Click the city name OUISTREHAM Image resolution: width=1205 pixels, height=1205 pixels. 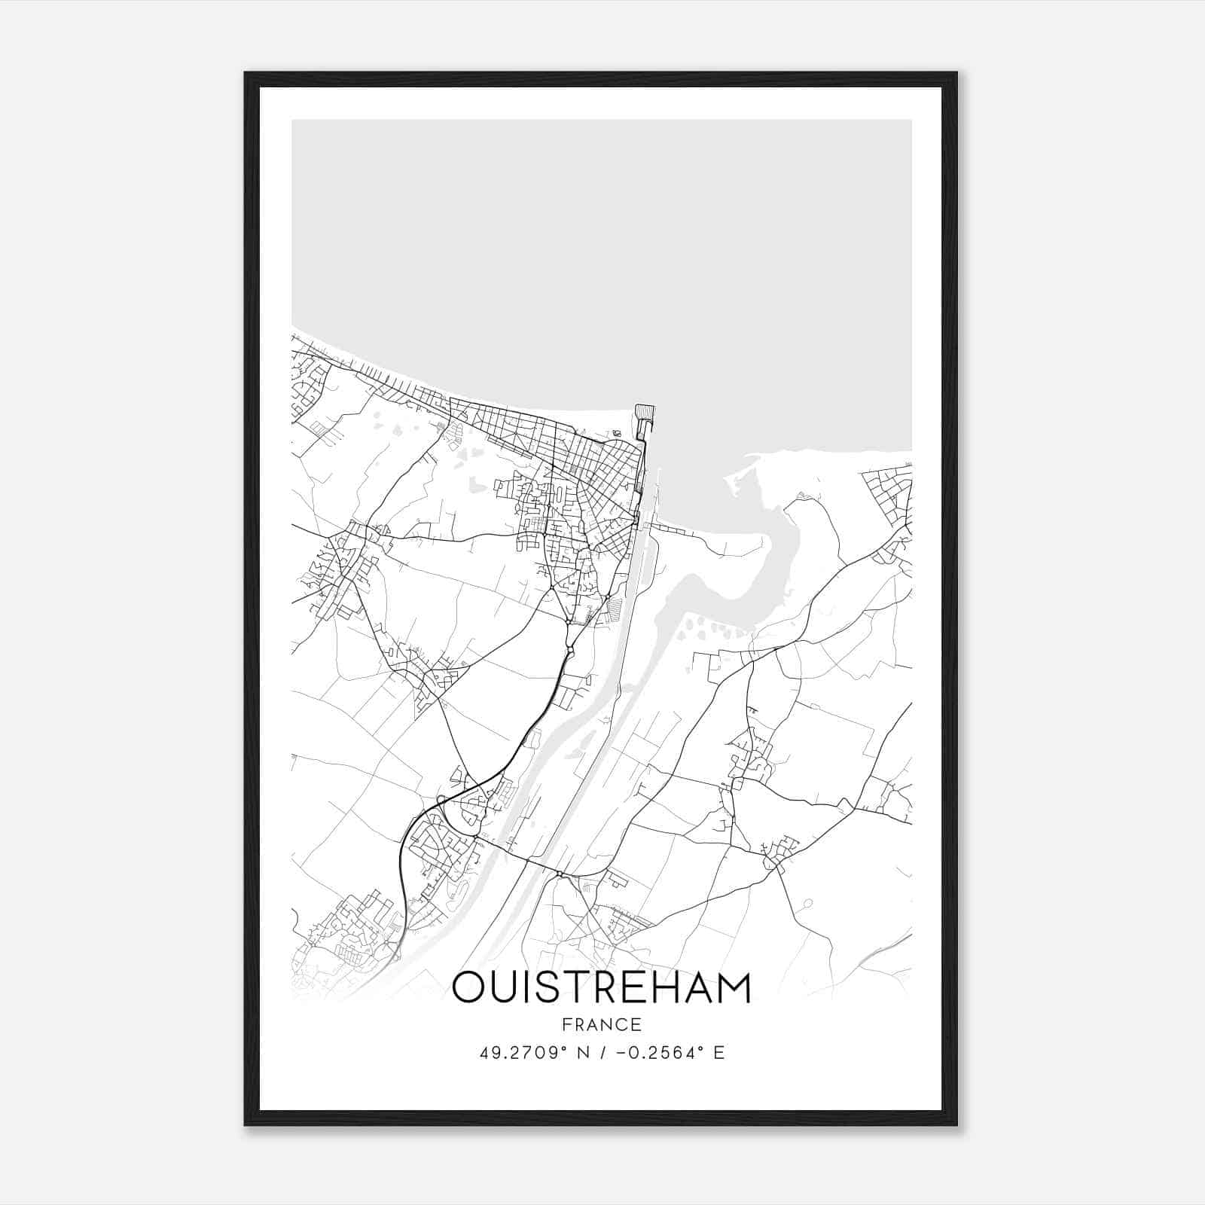602,987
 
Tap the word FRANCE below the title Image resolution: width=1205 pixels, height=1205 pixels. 602,1024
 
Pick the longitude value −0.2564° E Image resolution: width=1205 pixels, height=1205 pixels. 670,1053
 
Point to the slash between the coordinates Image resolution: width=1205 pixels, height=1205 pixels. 600,1053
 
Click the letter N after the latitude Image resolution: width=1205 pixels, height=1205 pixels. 581,1053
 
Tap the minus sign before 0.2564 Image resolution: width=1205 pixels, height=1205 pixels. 620,1053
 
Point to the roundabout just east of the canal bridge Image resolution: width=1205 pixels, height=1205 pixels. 560,874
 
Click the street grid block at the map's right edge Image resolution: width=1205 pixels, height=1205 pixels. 889,493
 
